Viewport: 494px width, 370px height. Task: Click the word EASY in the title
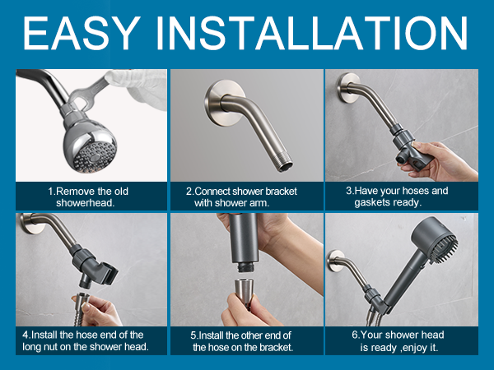(82, 33)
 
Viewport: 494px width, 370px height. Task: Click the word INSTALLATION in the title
(311, 33)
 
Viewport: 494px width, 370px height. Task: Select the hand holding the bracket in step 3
(441, 161)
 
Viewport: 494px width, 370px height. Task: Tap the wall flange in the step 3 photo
(347, 88)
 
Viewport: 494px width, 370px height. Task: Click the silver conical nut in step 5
(244, 290)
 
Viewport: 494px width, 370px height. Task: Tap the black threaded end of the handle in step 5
(247, 267)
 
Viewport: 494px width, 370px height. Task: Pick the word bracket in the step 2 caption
(281, 192)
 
